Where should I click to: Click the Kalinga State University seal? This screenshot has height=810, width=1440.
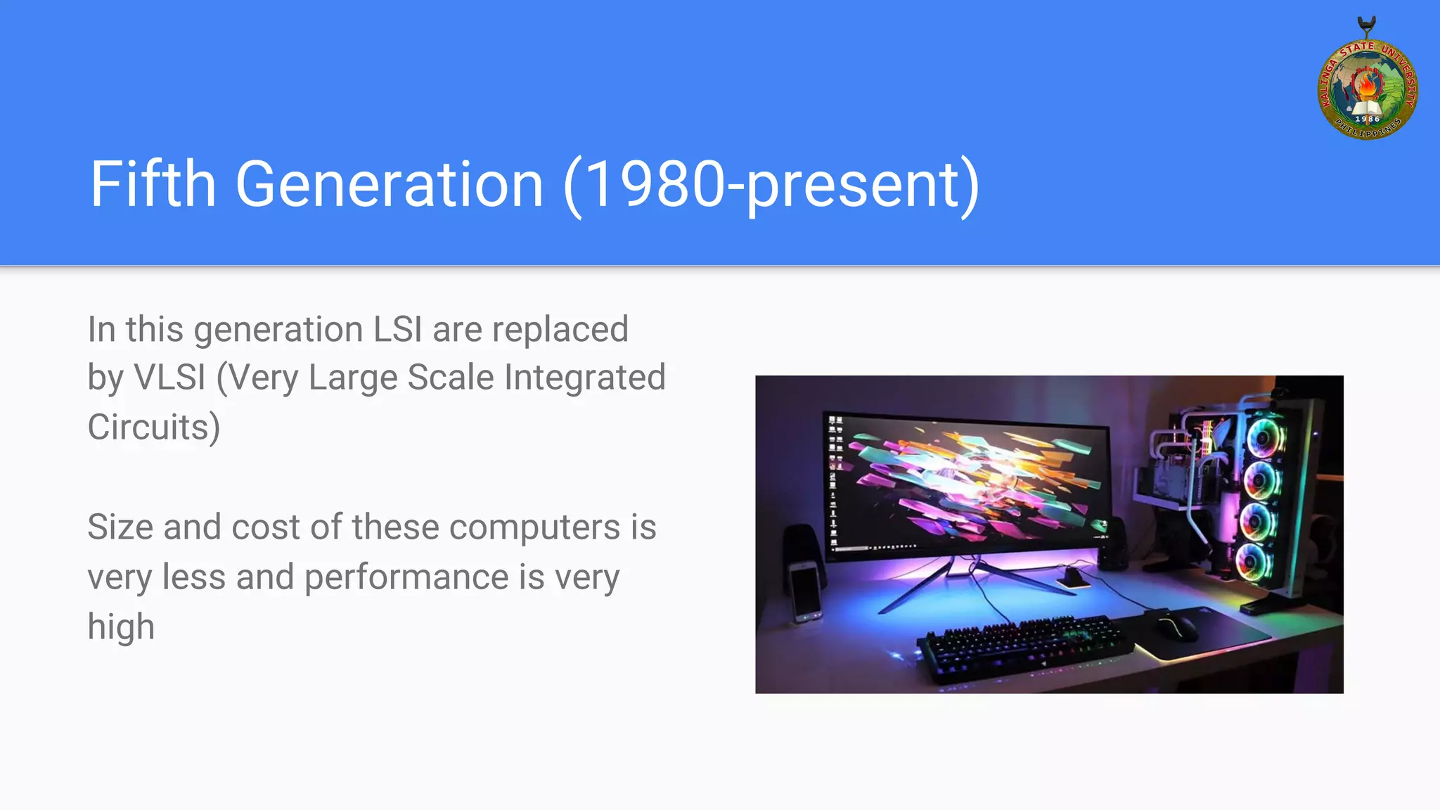click(1367, 88)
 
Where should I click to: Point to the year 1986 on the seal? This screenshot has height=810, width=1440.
click(1367, 119)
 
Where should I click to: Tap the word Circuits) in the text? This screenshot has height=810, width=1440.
click(154, 427)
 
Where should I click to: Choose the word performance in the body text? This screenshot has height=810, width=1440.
click(406, 577)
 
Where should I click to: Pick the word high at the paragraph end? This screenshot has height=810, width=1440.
click(121, 626)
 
